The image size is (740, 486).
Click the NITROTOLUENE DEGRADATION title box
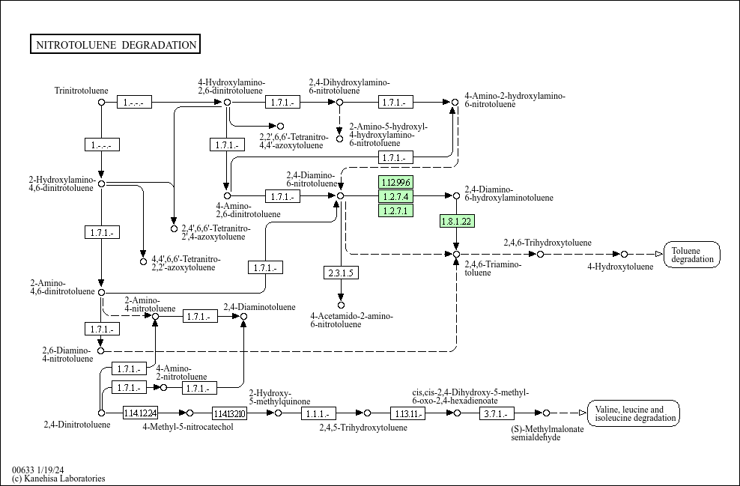point(115,45)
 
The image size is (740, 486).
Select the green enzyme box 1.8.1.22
point(456,221)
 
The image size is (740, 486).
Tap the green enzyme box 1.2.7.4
point(395,196)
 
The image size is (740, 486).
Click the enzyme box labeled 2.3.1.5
point(340,273)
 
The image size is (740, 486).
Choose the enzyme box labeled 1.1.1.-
point(320,413)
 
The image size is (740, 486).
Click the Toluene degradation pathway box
point(691,255)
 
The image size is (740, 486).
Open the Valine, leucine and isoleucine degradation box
point(633,413)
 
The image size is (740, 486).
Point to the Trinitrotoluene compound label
point(81,91)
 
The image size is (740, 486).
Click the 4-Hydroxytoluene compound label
point(619,267)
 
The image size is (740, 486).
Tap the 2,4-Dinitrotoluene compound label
point(77,425)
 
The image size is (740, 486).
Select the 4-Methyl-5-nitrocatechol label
point(188,427)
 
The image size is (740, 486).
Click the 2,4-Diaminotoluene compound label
point(259,307)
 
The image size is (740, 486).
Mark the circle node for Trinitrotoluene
point(101,102)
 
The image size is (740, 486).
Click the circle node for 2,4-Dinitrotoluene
point(101,413)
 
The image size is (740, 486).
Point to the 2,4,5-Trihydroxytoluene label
point(363,428)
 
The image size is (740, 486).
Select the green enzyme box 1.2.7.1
point(395,210)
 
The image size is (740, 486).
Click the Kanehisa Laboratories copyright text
point(58,479)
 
